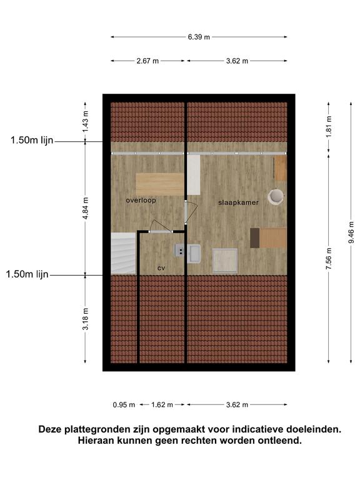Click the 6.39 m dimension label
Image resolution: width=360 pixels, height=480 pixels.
tap(199, 37)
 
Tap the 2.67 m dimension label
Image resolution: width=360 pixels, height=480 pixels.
tap(147, 61)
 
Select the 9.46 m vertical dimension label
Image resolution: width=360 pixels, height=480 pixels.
tap(351, 232)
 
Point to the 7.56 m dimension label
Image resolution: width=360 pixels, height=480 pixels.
tap(329, 259)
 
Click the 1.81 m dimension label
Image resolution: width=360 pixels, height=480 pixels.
tap(329, 127)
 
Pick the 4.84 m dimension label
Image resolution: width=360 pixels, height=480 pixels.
tap(86, 209)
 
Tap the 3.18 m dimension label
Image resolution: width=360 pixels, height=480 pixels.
tap(86, 319)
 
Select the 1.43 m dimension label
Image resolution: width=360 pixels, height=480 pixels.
tap(86, 122)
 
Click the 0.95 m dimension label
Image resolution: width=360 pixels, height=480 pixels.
tap(124, 405)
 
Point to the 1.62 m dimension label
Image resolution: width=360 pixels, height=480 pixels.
tap(162, 405)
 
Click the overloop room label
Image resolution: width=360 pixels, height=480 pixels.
tap(141, 201)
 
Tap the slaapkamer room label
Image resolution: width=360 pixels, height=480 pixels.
tap(239, 202)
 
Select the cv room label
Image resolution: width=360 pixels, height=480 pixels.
tap(161, 268)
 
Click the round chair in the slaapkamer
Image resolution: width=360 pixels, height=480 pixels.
tap(275, 197)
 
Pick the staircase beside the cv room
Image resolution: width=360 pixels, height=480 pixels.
tap(123, 254)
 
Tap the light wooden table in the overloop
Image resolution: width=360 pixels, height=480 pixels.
tap(160, 184)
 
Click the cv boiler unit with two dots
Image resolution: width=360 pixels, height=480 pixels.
tap(180, 250)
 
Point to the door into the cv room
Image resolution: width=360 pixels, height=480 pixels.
tap(161, 227)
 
